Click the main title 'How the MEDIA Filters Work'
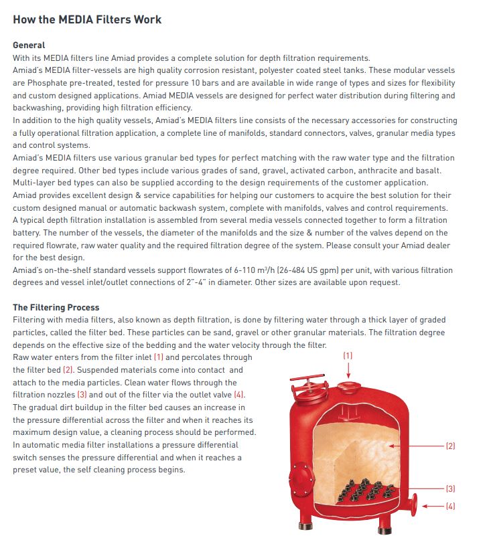(87, 19)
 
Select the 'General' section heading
(29, 45)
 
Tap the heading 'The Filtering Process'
(57, 308)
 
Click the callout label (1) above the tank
(348, 355)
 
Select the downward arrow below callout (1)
(348, 370)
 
